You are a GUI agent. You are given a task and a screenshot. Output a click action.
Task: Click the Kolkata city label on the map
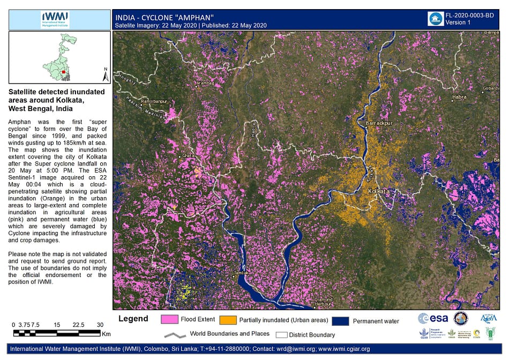378,191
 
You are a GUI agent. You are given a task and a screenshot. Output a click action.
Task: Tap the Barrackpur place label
378,123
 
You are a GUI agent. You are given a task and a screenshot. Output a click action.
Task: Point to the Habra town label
459,97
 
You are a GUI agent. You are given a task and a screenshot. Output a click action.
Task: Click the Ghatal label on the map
188,155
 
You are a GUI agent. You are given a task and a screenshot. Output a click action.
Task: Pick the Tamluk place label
242,273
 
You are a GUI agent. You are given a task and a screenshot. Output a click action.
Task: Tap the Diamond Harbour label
324,302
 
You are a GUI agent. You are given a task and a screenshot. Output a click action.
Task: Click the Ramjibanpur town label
154,101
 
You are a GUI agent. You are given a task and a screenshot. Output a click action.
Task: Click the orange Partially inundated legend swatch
228,320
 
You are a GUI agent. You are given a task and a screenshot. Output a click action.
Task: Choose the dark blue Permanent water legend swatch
340,321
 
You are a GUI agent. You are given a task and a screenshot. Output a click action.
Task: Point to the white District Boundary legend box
281,335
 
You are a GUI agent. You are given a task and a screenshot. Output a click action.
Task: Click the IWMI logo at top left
55,20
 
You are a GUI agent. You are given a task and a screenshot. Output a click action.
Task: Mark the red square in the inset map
64,72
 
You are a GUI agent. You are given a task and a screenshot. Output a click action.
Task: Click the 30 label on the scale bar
100,325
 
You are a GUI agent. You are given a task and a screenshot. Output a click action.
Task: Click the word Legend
133,319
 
